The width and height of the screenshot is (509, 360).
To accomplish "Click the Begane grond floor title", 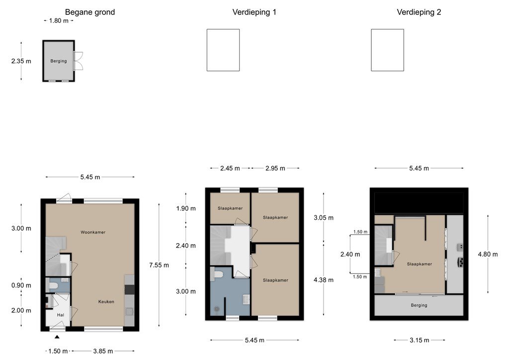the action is click(90, 12).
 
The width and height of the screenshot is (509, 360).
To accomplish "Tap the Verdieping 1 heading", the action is click(254, 12).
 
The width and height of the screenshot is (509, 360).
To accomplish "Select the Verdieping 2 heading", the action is click(419, 12).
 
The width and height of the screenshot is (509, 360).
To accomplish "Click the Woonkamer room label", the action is click(93, 232).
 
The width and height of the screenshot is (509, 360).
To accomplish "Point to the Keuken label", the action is click(106, 301).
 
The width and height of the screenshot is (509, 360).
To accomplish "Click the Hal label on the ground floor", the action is click(60, 315).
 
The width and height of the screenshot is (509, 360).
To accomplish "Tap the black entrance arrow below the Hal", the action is click(57, 337).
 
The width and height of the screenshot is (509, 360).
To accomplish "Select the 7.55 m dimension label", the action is click(159, 265).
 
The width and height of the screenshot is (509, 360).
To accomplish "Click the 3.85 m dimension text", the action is click(103, 351).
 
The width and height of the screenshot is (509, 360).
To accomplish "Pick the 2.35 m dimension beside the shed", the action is click(21, 61).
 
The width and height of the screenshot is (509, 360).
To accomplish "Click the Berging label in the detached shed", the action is click(59, 61).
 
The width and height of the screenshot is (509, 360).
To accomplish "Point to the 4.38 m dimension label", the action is click(323, 280).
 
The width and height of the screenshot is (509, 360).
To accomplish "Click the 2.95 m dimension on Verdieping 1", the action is click(275, 168).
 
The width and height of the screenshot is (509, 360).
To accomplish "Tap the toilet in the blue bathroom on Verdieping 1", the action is click(218, 274).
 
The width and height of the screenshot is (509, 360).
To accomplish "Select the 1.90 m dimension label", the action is click(186, 208).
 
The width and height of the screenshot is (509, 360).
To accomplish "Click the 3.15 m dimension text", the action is click(419, 340).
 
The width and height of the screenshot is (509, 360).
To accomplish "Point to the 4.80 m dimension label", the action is click(488, 254).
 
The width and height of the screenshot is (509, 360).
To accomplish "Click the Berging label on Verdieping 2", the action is click(419, 305).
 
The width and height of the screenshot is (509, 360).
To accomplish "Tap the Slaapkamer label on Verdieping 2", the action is click(420, 264).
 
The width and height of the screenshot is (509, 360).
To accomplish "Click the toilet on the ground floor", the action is click(53, 285).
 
